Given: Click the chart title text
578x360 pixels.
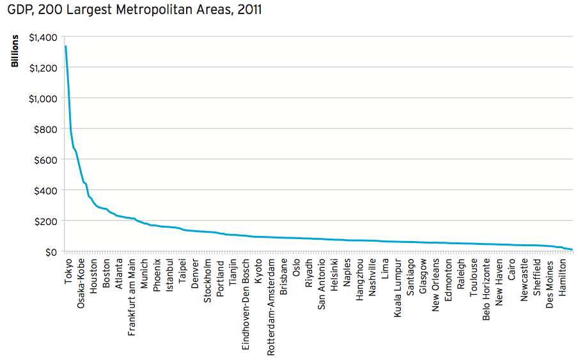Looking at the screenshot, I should [134, 10].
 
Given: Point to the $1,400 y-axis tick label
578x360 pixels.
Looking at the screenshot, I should [42, 38].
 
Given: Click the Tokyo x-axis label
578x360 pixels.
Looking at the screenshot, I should [68, 272].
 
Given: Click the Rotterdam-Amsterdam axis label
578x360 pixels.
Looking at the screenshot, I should [270, 308].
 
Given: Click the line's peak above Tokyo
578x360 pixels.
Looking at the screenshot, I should [65, 47].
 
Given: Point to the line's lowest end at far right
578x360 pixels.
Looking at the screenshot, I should [572, 249].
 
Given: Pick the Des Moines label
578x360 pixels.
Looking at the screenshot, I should [550, 281].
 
